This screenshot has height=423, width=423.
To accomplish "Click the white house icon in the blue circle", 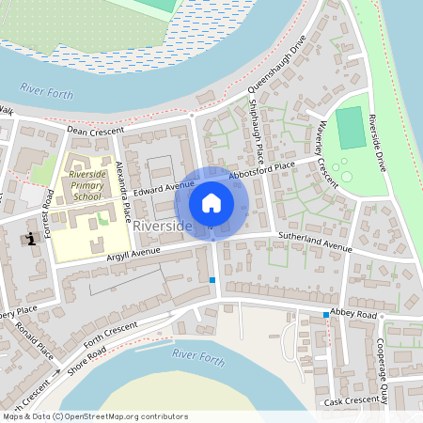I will click(211, 203).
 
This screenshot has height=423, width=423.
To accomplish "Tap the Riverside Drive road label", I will click(379, 141).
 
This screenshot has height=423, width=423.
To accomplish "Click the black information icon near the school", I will click(33, 238).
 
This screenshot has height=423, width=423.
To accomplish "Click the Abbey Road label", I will click(352, 315).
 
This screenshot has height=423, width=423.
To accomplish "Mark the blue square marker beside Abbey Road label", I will click(326, 314).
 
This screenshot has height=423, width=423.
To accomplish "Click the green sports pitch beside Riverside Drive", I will click(351, 128).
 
